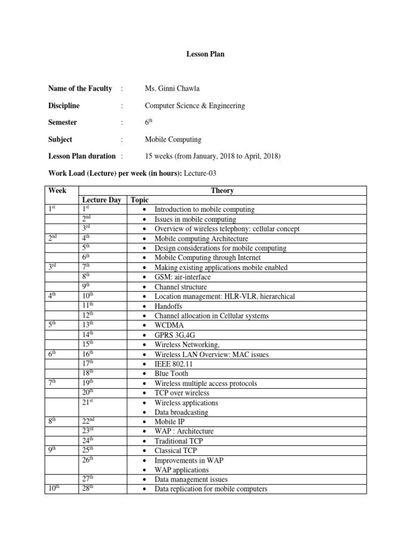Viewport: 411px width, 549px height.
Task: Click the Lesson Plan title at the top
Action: pos(205,54)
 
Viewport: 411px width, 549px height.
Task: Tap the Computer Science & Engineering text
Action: pos(195,106)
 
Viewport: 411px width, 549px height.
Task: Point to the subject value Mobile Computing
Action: pos(173,139)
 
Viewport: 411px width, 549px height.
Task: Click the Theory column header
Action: pos(222,190)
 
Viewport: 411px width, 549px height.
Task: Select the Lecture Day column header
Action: pos(101,200)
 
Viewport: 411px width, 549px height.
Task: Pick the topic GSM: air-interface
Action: pos(182,277)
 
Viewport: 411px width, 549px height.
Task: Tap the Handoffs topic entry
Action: pos(169,306)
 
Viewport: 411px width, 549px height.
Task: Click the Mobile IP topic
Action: pos(170,422)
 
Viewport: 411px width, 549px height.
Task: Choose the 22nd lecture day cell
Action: pos(88,421)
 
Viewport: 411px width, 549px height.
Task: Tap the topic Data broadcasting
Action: pos(181,412)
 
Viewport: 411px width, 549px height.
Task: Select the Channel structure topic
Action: pos(180,287)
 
